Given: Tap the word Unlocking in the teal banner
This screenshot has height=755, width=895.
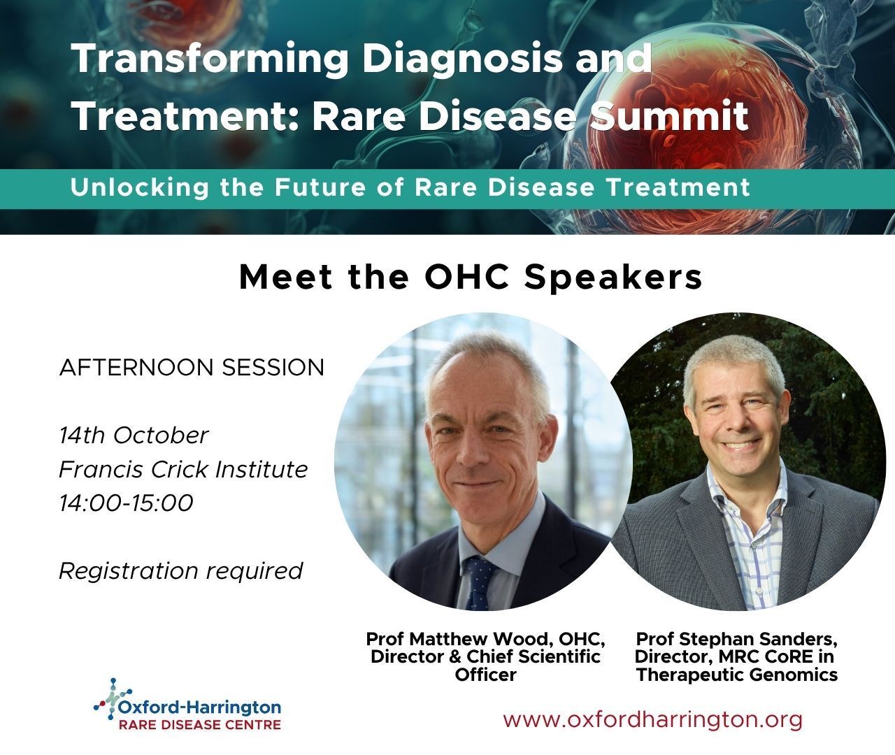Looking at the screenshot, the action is pyautogui.click(x=140, y=187).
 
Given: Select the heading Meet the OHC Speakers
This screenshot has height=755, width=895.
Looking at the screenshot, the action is pyautogui.click(x=471, y=278).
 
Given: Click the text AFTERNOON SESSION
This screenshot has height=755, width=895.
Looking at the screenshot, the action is pyautogui.click(x=192, y=368).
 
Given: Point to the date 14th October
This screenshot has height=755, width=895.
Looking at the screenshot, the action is pyautogui.click(x=134, y=436).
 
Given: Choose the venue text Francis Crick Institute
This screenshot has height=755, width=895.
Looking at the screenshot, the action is pyautogui.click(x=183, y=469).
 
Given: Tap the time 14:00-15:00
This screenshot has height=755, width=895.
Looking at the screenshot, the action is pyautogui.click(x=126, y=503).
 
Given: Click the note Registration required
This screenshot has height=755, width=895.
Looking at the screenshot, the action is pyautogui.click(x=181, y=571).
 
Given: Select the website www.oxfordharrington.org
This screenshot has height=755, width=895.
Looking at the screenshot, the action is pyautogui.click(x=652, y=719).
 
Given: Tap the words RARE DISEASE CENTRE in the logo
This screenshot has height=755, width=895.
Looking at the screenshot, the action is pyautogui.click(x=200, y=725).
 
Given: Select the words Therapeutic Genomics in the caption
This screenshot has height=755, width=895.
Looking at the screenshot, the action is pyautogui.click(x=736, y=675).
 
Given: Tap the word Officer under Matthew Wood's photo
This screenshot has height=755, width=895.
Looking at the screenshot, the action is pyautogui.click(x=485, y=675).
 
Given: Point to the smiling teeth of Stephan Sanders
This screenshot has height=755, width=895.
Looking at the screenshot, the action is pyautogui.click(x=740, y=445).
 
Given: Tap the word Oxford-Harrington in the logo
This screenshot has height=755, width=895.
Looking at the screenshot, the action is pyautogui.click(x=200, y=707).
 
